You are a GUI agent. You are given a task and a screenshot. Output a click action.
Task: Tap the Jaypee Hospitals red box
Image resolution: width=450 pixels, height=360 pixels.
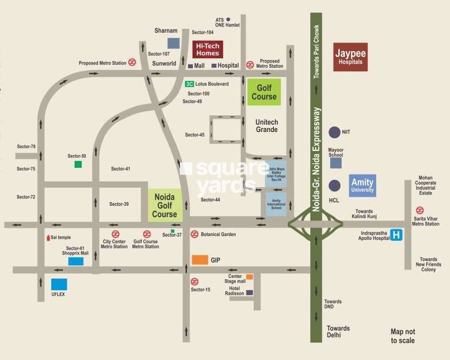350,57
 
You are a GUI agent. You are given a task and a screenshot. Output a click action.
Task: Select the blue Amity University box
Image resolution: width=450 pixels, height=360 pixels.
362,185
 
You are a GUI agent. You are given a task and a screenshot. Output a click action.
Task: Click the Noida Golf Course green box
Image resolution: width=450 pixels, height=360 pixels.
165,205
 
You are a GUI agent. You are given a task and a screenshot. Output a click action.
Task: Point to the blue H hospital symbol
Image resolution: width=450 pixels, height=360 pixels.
397,235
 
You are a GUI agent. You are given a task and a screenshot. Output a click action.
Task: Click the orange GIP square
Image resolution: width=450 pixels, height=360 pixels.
200,260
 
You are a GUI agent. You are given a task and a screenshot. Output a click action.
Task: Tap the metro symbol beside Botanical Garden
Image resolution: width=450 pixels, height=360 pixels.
194,234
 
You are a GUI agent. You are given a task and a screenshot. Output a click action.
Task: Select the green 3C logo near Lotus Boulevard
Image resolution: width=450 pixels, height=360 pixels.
189,84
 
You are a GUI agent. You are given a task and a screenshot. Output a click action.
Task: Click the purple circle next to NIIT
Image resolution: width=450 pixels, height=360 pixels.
335,132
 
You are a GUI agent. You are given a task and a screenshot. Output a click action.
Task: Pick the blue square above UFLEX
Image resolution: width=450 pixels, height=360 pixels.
59,284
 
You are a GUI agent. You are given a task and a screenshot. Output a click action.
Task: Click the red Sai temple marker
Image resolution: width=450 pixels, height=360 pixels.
48,237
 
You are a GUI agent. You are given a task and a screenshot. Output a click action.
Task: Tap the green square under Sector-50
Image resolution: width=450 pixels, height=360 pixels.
78,164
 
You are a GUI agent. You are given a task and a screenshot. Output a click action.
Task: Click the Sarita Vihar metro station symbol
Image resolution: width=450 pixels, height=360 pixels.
419,210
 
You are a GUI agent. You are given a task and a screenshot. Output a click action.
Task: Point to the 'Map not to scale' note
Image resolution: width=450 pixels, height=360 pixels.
403,336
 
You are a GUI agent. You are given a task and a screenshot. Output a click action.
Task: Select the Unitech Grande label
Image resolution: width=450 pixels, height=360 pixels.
266,126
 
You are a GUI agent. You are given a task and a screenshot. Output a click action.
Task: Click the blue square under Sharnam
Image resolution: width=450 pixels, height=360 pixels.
174,43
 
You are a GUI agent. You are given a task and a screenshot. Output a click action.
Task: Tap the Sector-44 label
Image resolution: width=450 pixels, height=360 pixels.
210,200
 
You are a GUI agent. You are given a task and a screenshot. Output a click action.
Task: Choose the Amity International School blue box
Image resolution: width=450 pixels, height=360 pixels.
276,204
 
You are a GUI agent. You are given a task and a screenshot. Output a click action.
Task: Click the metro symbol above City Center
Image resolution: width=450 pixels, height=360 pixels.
115,234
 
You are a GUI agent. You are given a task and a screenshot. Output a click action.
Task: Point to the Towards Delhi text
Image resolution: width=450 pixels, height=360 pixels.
338,332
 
